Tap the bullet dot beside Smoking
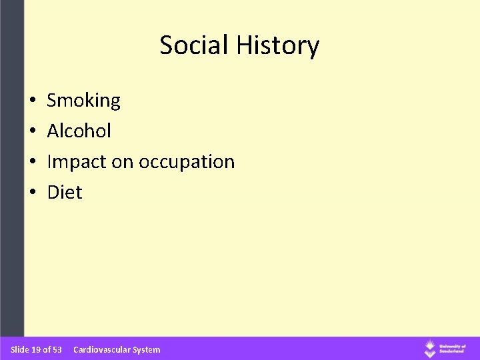[x=33, y=101]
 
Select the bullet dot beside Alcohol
[x=33, y=132]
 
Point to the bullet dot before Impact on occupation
[x=33, y=163]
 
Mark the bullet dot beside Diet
[x=33, y=193]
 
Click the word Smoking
[x=83, y=101]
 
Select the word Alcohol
[x=79, y=131]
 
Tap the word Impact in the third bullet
[x=73, y=162]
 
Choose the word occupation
[x=186, y=163]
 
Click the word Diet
[x=65, y=193]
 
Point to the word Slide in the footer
[x=20, y=349]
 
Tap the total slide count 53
[x=57, y=349]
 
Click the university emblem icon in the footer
[x=431, y=348]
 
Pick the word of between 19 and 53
[x=47, y=349]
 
